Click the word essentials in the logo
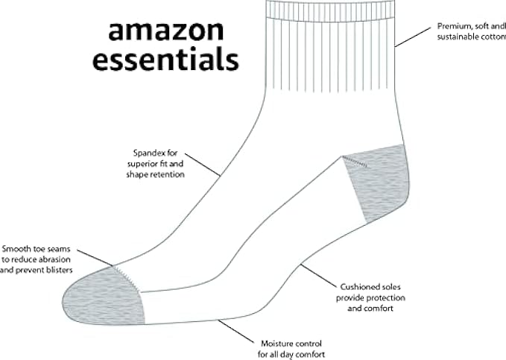pos(165,59)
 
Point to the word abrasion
pos(56,259)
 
